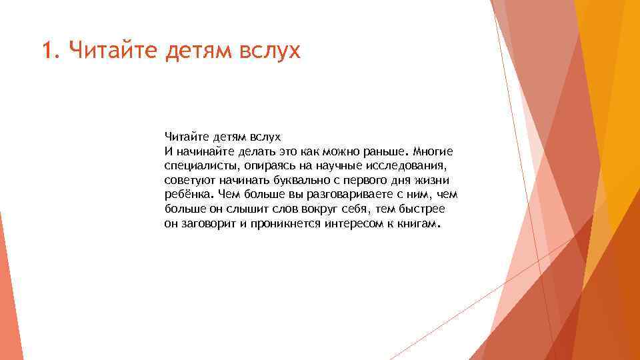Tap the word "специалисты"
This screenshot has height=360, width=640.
pos(194,165)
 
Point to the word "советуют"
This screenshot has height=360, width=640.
pos(188,180)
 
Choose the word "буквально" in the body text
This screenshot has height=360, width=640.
pos(289,180)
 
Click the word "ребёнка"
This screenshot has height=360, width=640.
pos(188,195)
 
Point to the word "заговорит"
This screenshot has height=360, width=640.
pos(205,225)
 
